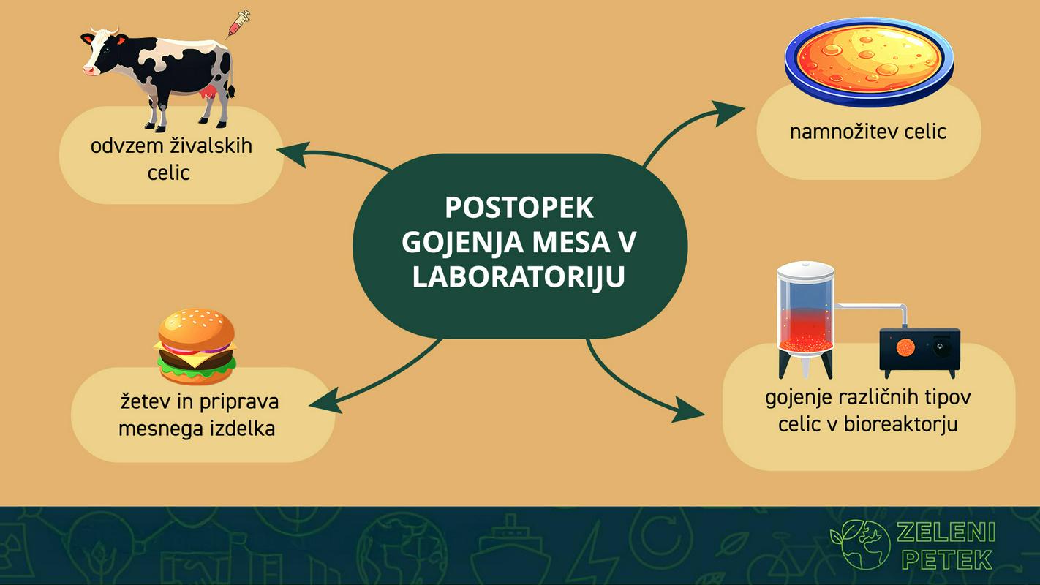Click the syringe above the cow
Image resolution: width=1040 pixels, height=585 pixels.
click(x=238, y=23)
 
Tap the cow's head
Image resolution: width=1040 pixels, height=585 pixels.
click(x=99, y=50)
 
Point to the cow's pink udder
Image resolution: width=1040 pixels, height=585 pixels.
click(x=208, y=92)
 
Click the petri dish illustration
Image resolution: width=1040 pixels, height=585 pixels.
click(x=869, y=61)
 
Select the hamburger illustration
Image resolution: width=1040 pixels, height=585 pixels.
click(x=195, y=347)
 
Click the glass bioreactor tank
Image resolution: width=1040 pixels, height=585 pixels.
click(x=805, y=320)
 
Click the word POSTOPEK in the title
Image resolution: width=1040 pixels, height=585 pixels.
click(x=519, y=208)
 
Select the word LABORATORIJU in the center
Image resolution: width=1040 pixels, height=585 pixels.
click(x=519, y=277)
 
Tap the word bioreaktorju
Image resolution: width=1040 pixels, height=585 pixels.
click(x=900, y=425)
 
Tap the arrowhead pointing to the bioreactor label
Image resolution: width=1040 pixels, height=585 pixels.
click(x=687, y=409)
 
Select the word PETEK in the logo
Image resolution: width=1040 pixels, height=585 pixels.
click(x=947, y=560)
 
